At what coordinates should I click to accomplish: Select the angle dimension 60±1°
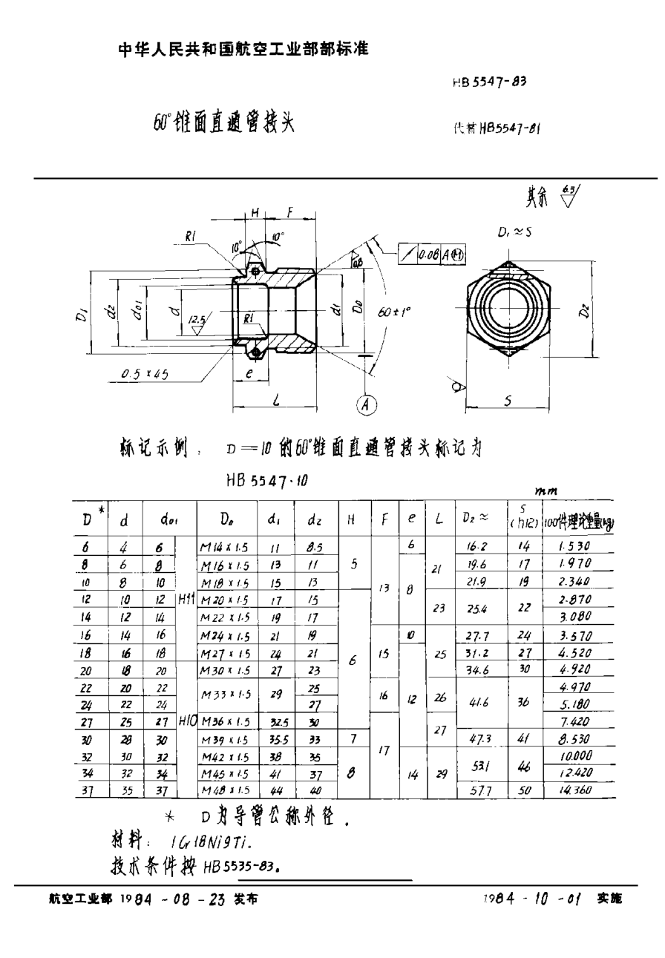(x=393, y=313)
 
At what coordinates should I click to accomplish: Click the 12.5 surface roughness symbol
(x=196, y=320)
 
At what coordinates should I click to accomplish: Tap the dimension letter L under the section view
(x=276, y=401)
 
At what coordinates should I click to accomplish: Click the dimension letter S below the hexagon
(x=509, y=400)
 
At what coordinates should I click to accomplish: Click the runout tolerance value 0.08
(x=428, y=254)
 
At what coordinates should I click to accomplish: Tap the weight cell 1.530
(x=575, y=546)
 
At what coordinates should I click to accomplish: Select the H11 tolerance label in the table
(x=186, y=598)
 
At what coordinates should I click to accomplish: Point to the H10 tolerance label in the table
(x=186, y=721)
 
